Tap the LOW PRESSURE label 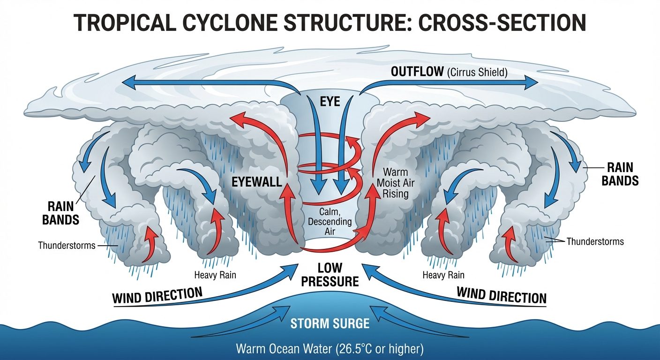(330, 274)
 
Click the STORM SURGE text (330, 324)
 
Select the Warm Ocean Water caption (330, 349)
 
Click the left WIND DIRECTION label (157, 295)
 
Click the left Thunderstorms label (67, 245)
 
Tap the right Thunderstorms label (595, 242)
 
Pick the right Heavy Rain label (444, 275)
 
